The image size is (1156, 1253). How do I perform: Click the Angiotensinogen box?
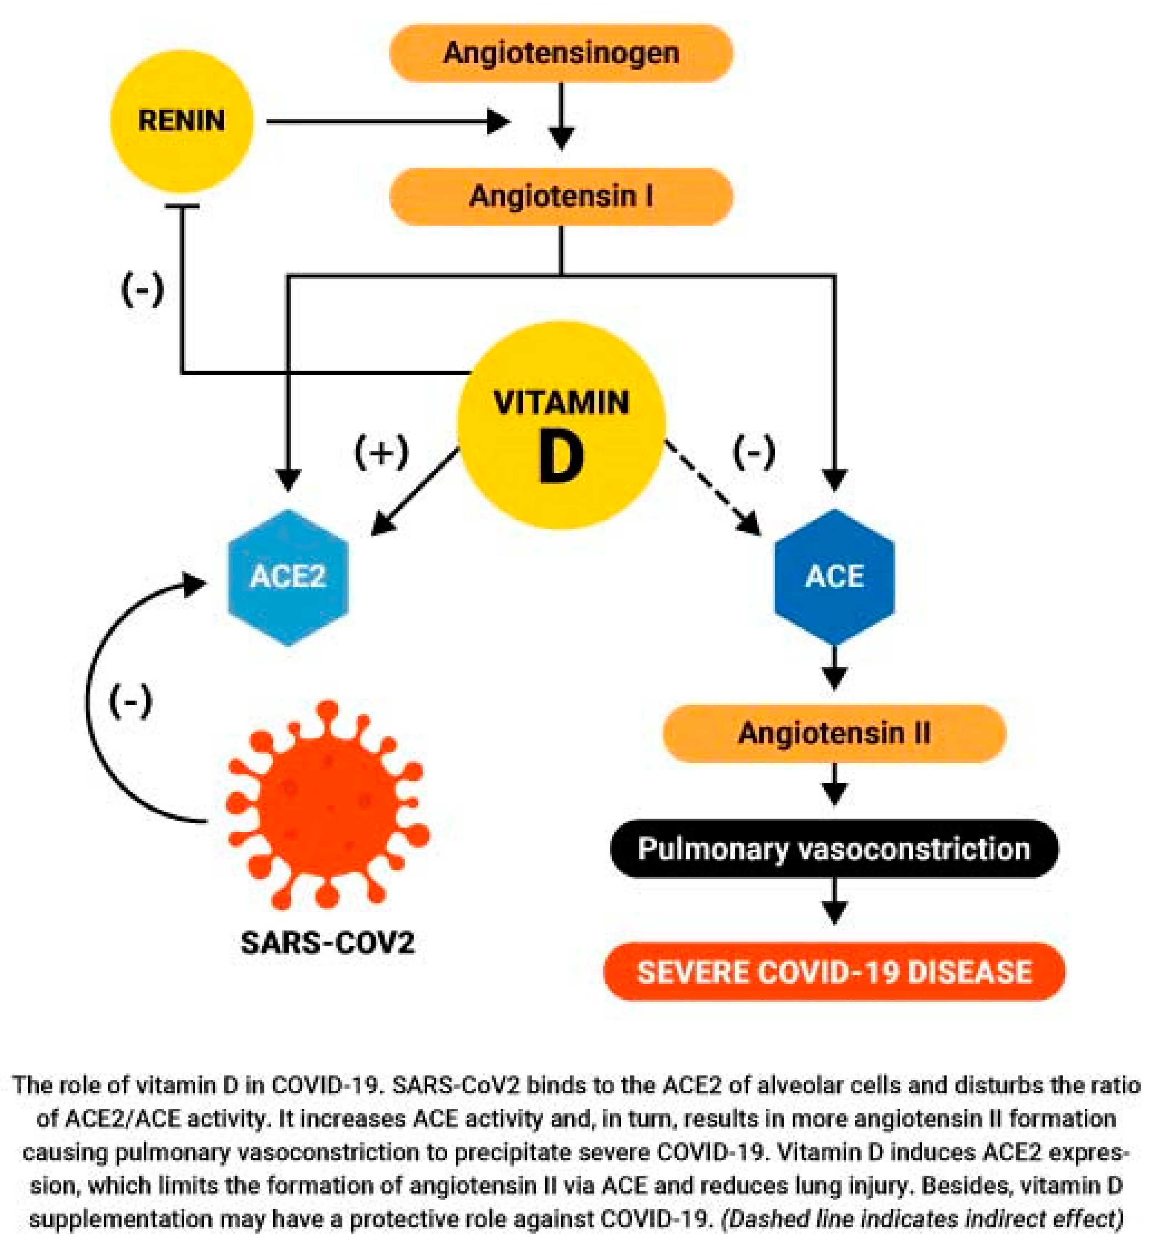[561, 53]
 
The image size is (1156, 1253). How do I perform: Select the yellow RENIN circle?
[181, 121]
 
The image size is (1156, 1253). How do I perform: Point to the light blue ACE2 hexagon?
[288, 577]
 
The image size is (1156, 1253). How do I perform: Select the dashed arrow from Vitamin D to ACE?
[713, 488]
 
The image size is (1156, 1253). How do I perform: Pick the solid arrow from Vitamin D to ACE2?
[416, 491]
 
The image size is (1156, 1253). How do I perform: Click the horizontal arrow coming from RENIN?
[388, 122]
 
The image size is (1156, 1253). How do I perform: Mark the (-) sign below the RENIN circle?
[143, 290]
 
